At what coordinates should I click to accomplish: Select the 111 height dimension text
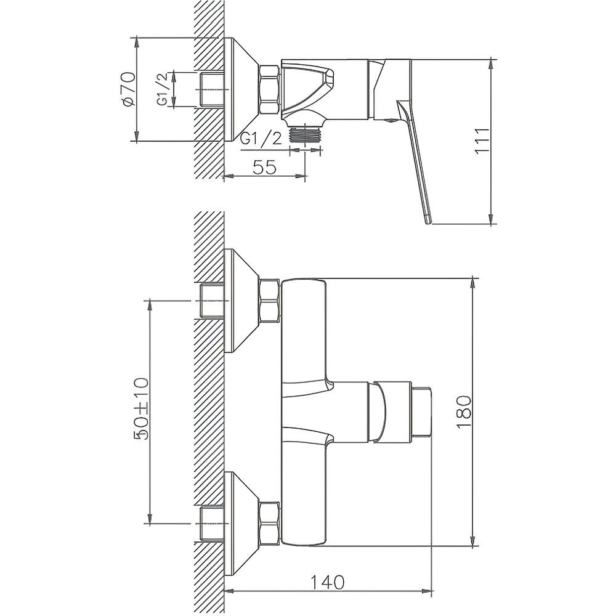[482, 142]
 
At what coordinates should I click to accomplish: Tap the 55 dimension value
[264, 166]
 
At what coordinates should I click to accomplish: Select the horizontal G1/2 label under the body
[261, 139]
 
